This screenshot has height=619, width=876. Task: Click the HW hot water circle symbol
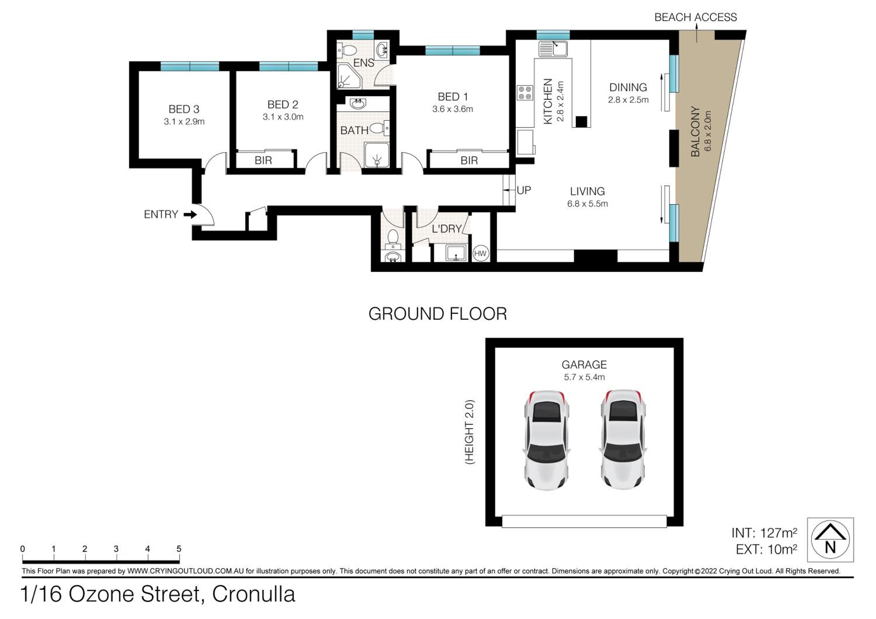pyautogui.click(x=480, y=253)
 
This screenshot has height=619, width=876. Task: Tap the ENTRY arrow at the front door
pyautogui.click(x=190, y=215)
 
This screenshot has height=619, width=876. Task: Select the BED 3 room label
pyautogui.click(x=184, y=109)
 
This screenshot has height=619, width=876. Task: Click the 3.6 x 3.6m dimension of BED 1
pyautogui.click(x=453, y=109)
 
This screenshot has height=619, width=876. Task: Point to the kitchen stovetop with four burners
pyautogui.click(x=525, y=93)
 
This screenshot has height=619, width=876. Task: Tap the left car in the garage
pyautogui.click(x=546, y=440)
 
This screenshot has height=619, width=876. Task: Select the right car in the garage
pyautogui.click(x=623, y=440)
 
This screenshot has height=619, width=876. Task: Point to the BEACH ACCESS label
pyautogui.click(x=696, y=18)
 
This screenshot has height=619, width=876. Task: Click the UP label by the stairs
pyautogui.click(x=524, y=190)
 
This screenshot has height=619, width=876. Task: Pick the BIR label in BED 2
pyautogui.click(x=263, y=160)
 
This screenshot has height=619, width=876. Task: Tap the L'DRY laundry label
pyautogui.click(x=447, y=229)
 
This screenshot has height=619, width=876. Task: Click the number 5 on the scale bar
pyautogui.click(x=179, y=549)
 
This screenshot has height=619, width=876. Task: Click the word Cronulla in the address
pyautogui.click(x=254, y=594)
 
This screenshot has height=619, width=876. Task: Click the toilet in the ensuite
pyautogui.click(x=347, y=50)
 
